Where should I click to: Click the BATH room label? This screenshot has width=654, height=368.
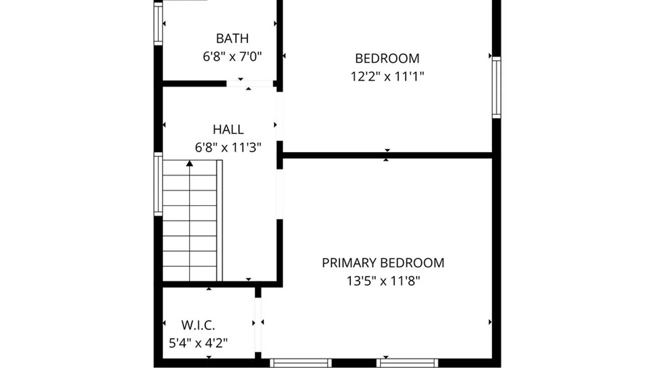click(232, 39)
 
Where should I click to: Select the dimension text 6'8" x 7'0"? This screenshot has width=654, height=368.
click(232, 56)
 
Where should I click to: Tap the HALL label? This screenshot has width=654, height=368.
click(228, 129)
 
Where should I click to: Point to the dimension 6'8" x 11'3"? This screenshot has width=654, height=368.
click(228, 148)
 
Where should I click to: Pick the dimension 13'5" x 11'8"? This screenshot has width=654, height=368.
click(383, 281)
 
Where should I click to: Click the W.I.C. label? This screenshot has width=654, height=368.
click(198, 325)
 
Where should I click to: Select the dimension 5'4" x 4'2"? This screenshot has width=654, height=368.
click(198, 343)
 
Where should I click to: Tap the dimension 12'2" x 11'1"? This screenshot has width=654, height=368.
click(387, 76)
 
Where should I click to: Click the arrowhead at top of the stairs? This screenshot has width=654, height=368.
click(190, 164)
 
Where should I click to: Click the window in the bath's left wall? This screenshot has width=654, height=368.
click(158, 24)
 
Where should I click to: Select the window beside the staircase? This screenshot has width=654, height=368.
click(158, 184)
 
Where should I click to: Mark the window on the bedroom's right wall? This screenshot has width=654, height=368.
click(496, 88)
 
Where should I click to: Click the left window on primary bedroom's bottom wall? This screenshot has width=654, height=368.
click(301, 363)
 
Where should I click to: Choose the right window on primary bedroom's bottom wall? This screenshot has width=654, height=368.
click(407, 363)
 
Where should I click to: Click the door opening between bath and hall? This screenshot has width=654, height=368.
click(250, 84)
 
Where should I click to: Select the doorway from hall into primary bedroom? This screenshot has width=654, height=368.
click(279, 194)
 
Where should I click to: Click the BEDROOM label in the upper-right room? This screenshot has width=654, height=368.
click(387, 59)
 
